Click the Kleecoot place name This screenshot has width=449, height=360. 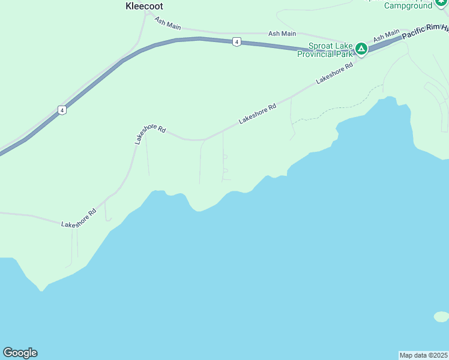pos(144,6)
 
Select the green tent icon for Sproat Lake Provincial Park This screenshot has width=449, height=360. pos(361,48)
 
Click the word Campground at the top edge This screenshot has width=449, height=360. pos(408,5)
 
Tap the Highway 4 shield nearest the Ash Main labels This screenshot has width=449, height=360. pos(238,41)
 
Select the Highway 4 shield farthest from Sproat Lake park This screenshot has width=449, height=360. pos(62,110)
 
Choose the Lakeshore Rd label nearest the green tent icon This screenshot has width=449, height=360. pos(334,74)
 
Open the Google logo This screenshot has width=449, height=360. pos(20,353)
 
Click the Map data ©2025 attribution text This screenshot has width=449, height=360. pos(423,355)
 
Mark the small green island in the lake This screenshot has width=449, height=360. pos(441,316)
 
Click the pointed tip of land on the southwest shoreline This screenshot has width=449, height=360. pos(41,290)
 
